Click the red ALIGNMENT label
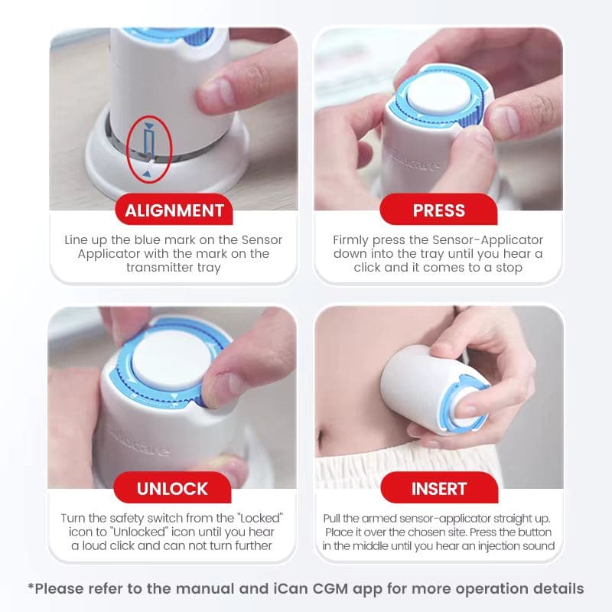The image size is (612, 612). (174, 210)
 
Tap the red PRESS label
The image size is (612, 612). (438, 210)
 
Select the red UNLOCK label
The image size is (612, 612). (173, 488)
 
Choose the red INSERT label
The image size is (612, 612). (439, 488)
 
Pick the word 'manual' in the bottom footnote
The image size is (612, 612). (208, 588)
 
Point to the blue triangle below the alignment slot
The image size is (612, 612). (146, 174)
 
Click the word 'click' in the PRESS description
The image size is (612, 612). (367, 267)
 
